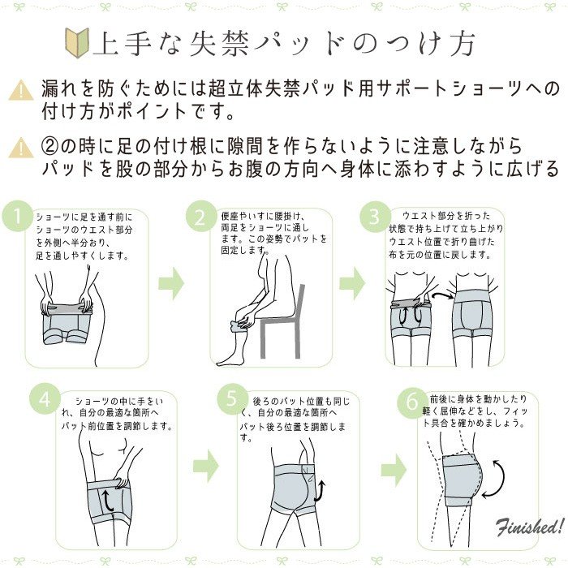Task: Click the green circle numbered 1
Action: pos(18,217)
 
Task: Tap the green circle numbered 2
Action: pos(201,217)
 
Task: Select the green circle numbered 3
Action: pos(375,217)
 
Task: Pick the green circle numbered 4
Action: pos(45,399)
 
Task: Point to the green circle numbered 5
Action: pos(233,399)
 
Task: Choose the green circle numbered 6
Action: pos(412,402)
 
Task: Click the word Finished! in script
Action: pos(530,526)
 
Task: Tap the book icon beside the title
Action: pos(77,42)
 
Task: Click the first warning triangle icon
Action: pos(21,90)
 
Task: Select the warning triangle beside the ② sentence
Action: pos(21,148)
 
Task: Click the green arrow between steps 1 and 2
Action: pos(171,284)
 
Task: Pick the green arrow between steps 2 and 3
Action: pos(351,284)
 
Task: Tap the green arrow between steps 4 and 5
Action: pos(206,466)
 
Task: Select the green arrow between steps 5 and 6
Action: pos(394,471)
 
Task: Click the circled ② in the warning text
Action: pos(50,146)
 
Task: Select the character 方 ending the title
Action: pos(463,44)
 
